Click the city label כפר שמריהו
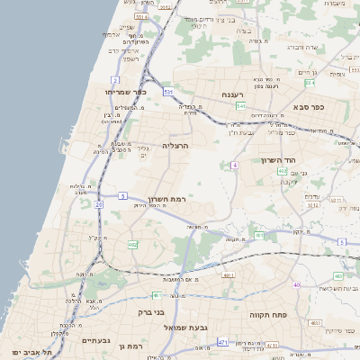click(123, 92)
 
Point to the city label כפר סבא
click(308, 106)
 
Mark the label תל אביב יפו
click(27, 350)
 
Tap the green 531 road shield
click(168, 91)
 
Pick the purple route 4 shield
click(234, 165)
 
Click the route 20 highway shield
click(99, 203)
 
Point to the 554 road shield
click(310, 83)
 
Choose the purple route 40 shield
click(296, 284)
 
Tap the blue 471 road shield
click(221, 343)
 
